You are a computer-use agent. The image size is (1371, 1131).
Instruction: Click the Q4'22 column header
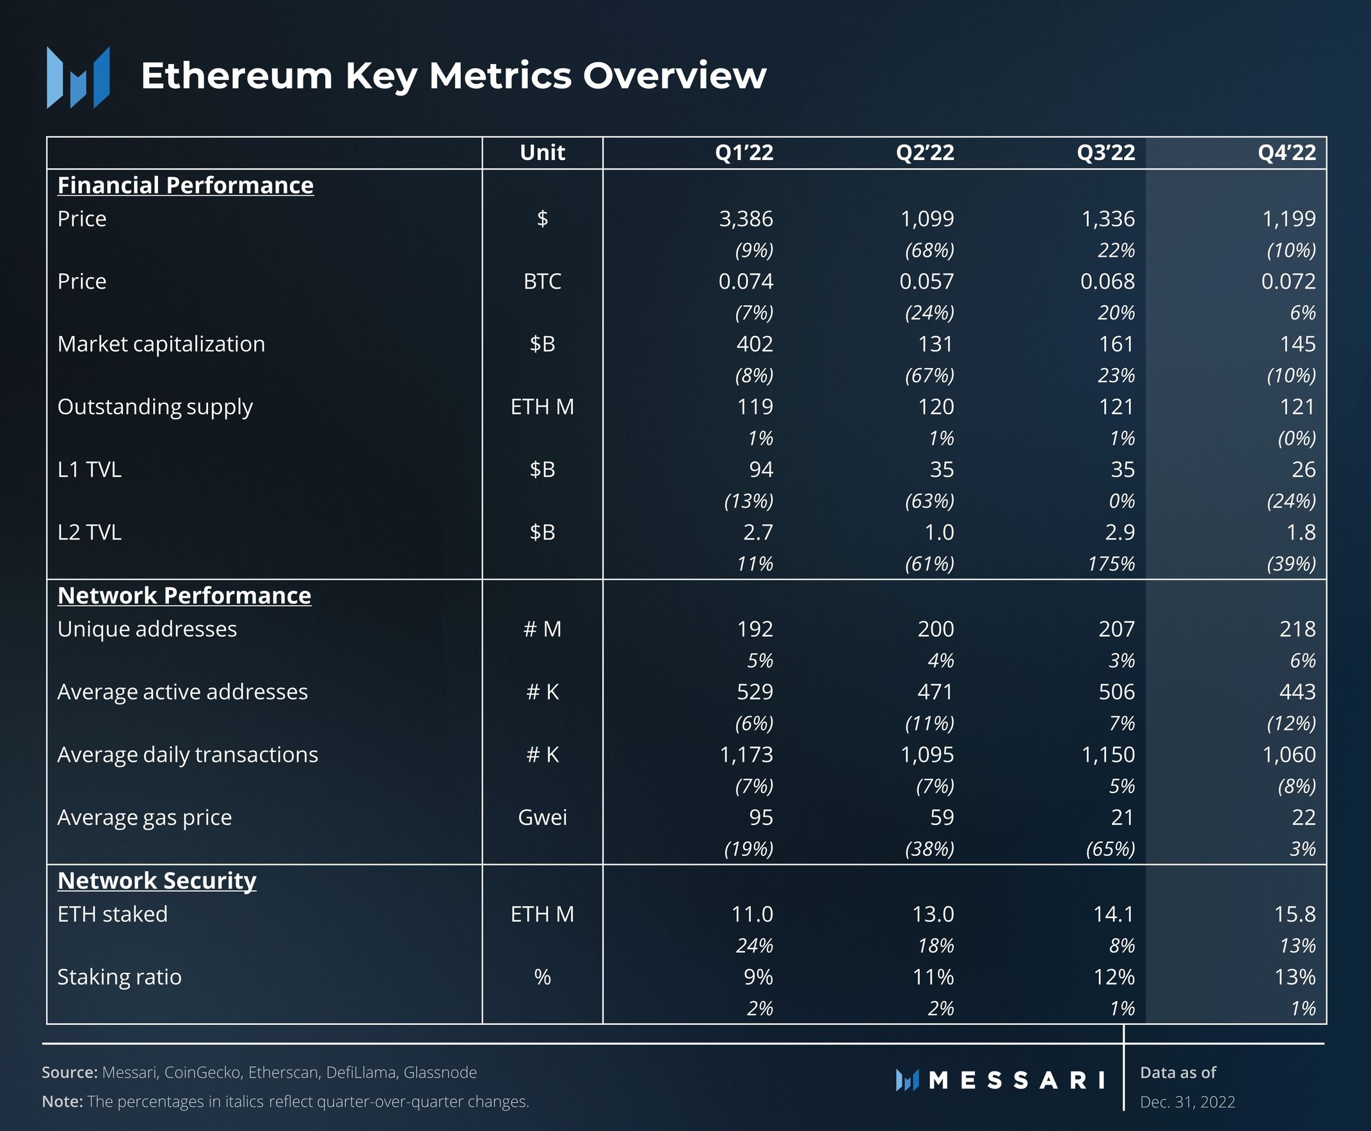pyautogui.click(x=1287, y=152)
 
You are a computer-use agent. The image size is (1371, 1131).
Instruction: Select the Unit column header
pyautogui.click(x=542, y=152)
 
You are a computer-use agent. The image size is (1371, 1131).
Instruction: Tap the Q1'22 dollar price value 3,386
pyautogui.click(x=746, y=219)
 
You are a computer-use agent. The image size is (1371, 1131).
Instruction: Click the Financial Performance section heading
pyautogui.click(x=185, y=186)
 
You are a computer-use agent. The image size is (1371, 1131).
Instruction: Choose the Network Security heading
pyautogui.click(x=156, y=881)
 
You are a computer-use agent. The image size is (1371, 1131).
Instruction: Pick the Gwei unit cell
pyautogui.click(x=542, y=817)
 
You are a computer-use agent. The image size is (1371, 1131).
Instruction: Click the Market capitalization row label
pyautogui.click(x=161, y=344)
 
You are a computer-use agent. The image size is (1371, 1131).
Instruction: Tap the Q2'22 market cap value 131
pyautogui.click(x=935, y=344)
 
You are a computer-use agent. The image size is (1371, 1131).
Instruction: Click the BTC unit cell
pyautogui.click(x=542, y=282)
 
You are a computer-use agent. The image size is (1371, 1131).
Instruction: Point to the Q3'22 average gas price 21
pyautogui.click(x=1121, y=817)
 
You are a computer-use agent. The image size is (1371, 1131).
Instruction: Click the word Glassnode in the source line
pyautogui.click(x=440, y=1072)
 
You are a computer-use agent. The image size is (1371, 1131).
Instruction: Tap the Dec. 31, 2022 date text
pyautogui.click(x=1187, y=1102)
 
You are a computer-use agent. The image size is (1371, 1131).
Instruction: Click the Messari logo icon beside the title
pyautogui.click(x=78, y=77)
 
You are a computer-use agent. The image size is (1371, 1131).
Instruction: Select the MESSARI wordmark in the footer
pyautogui.click(x=1016, y=1080)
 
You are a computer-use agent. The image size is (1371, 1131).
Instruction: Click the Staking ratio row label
pyautogui.click(x=119, y=977)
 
